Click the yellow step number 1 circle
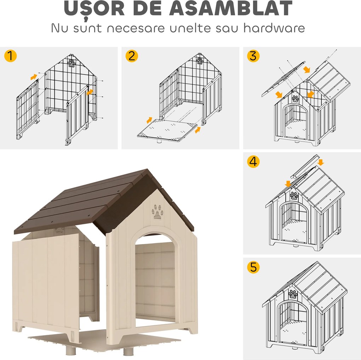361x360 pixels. coord(10,56)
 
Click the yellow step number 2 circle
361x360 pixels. coord(132,56)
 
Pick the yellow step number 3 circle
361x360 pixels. coord(253,56)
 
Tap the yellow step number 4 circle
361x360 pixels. coord(253,162)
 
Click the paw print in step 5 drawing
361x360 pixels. coord(293,294)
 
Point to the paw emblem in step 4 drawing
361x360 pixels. coord(294,195)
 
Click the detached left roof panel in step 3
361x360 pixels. coord(283,80)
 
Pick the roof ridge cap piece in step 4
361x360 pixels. coord(304,167)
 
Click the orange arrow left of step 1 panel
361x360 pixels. coord(33,76)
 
